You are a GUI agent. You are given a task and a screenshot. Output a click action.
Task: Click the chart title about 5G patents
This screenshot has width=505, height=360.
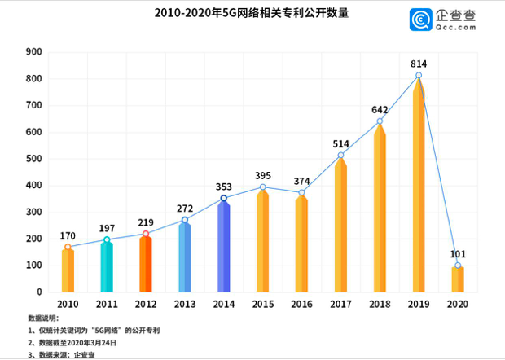(x=244, y=15)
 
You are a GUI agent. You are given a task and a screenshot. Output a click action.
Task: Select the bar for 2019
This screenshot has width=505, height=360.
(x=419, y=187)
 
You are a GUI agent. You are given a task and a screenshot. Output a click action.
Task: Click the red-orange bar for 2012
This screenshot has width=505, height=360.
(x=146, y=264)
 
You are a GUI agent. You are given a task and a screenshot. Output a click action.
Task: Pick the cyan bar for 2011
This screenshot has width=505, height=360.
(x=107, y=267)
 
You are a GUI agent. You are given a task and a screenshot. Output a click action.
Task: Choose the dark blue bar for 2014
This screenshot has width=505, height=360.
(x=224, y=246)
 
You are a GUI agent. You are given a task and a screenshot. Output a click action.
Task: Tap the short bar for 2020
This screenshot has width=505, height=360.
(x=458, y=279)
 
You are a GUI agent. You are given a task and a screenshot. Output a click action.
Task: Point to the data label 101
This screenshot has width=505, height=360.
(x=458, y=253)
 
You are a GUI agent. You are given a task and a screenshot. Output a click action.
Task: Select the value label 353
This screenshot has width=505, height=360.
(x=224, y=187)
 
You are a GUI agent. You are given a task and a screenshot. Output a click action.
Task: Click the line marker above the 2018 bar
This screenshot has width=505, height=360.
(x=380, y=121)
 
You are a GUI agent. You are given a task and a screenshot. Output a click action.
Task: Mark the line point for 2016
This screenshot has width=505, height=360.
(x=301, y=193)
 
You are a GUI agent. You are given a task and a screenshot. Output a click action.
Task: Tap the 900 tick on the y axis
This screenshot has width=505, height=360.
(x=34, y=52)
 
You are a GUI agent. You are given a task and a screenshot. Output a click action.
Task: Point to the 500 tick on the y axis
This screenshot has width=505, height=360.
(x=34, y=159)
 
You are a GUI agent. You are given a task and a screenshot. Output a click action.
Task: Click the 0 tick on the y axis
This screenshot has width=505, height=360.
(x=39, y=292)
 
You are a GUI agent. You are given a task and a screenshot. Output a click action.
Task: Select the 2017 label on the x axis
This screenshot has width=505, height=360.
(x=340, y=304)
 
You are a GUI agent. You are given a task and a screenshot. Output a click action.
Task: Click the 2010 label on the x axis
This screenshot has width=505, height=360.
(x=68, y=304)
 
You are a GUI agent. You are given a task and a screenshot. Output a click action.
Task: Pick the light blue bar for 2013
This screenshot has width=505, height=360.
(x=185, y=257)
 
